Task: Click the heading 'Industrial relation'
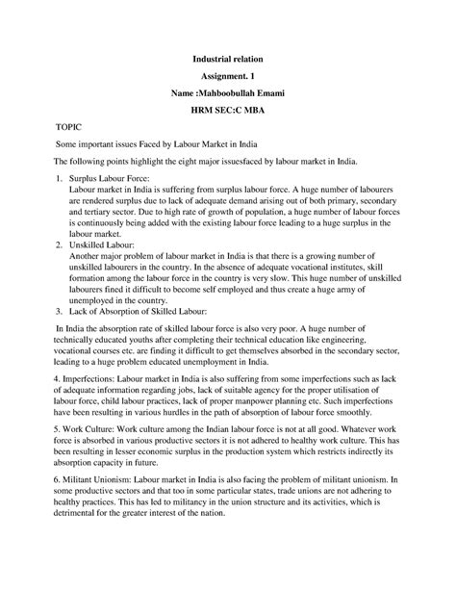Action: pyautogui.click(x=228, y=61)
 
